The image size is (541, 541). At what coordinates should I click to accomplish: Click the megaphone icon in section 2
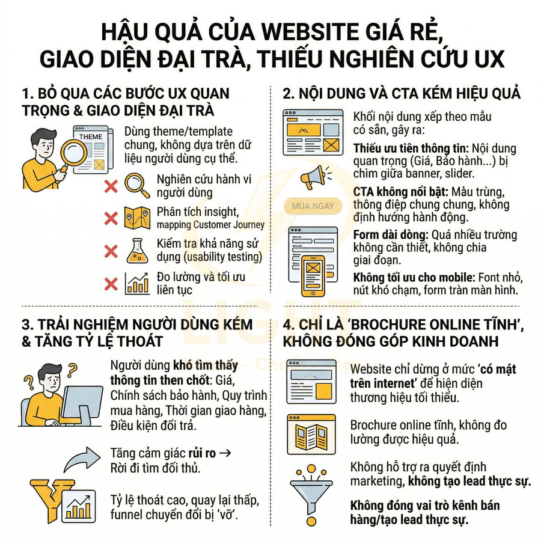pos(313,176)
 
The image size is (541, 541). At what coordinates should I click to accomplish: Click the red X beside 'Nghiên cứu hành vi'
pos(111,186)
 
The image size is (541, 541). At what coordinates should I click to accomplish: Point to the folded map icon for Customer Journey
pos(137,218)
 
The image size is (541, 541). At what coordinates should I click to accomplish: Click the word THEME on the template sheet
pos(91,136)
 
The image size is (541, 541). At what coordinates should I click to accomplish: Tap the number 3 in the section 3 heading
pos(27,325)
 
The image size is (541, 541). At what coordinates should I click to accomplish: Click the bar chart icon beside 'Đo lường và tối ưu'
pos(137,283)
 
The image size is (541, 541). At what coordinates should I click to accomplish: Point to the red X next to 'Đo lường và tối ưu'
pos(111,283)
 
